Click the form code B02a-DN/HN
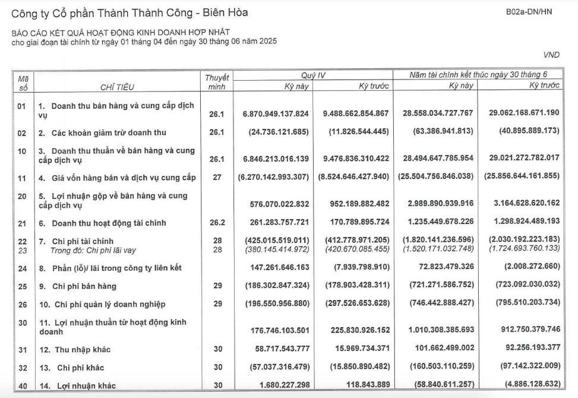pos(529,12)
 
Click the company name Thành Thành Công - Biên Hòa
pos(130,12)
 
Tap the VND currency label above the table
pos(551,55)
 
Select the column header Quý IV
pos(312,75)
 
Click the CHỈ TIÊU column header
pos(117,87)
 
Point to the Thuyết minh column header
pos(217,82)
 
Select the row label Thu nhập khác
pos(83,350)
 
